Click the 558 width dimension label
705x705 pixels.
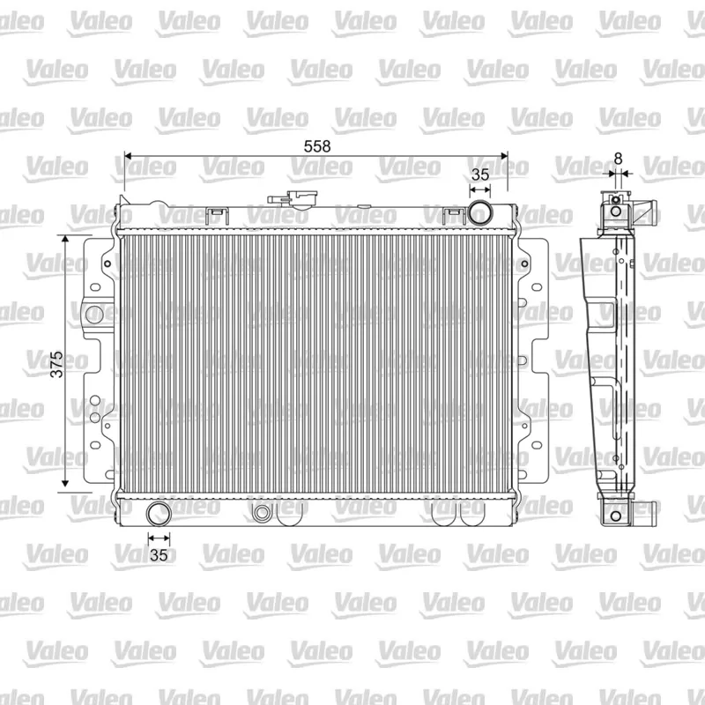(x=317, y=146)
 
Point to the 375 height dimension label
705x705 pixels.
(x=56, y=364)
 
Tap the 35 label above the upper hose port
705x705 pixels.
(x=479, y=174)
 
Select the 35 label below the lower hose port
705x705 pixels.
(x=159, y=555)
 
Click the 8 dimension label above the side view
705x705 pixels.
(x=619, y=159)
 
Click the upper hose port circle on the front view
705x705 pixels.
(x=479, y=212)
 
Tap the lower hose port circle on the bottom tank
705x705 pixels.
(x=159, y=514)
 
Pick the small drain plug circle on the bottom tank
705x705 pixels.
(x=261, y=514)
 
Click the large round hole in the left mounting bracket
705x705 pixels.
(x=94, y=315)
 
